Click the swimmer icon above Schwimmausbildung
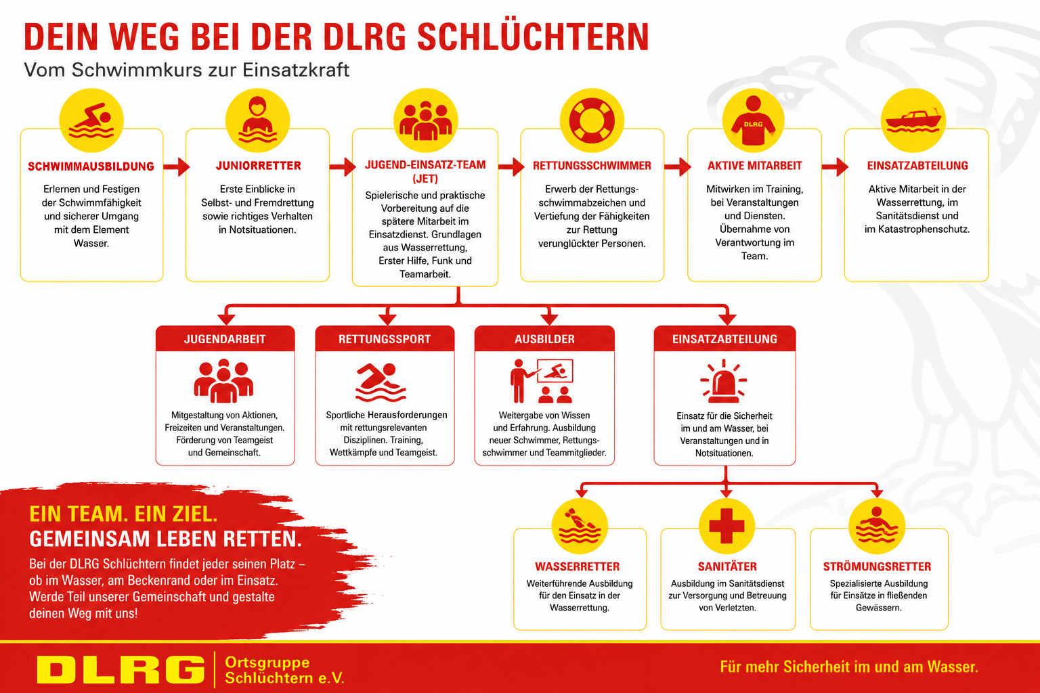click(91, 120)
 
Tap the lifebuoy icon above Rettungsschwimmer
click(592, 120)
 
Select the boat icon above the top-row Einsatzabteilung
click(913, 121)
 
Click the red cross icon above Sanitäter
click(727, 526)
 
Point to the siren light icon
click(723, 380)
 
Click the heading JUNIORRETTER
click(258, 166)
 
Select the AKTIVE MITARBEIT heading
click(754, 166)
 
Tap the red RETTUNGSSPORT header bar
click(385, 339)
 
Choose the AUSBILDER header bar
click(544, 339)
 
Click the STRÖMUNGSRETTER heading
click(877, 566)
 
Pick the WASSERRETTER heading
click(577, 566)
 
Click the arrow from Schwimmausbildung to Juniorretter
click(177, 166)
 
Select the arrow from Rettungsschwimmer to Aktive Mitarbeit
click(677, 166)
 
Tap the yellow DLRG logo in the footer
click(121, 669)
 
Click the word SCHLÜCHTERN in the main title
click(533, 37)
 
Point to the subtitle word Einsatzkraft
click(296, 70)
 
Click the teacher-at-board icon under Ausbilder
click(542, 380)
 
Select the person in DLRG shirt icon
click(753, 120)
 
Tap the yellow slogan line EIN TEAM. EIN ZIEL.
click(123, 514)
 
